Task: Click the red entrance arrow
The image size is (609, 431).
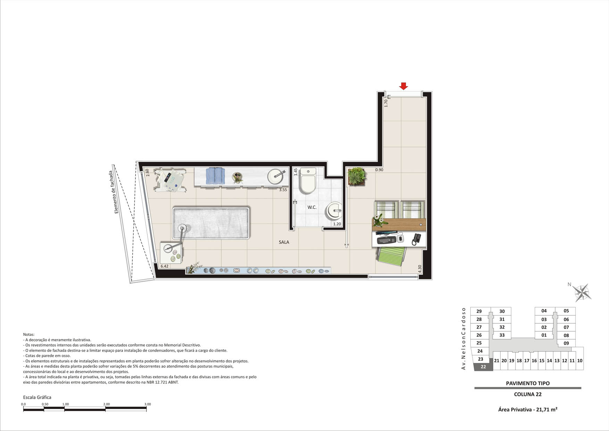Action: (403, 86)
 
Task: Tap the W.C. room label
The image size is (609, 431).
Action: (312, 207)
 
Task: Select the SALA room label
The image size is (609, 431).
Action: (284, 242)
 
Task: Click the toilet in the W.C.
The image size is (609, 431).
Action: (308, 180)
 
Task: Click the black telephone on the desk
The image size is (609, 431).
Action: (417, 239)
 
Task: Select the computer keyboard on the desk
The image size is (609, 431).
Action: (387, 240)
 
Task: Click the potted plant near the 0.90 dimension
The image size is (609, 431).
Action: (357, 176)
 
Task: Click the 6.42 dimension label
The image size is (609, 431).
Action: (164, 266)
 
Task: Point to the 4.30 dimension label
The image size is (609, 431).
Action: (420, 268)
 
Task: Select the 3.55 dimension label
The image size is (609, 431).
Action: (283, 190)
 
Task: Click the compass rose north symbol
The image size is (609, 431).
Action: (582, 292)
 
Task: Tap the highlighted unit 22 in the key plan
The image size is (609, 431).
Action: (483, 367)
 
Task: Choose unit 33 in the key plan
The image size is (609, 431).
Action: (502, 335)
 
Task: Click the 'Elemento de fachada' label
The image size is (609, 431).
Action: (114, 192)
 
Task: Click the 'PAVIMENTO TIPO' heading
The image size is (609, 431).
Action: (528, 383)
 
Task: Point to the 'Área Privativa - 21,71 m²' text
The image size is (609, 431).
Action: (528, 409)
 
